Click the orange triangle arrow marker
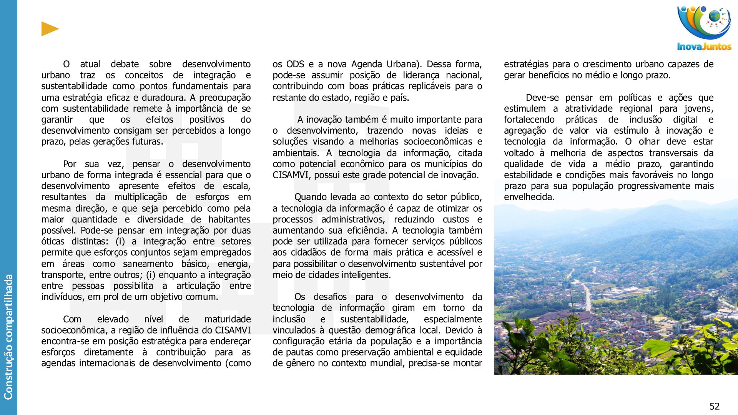50,29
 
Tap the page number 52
714,406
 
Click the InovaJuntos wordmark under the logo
704,47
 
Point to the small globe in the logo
715,17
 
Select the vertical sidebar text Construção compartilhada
8,337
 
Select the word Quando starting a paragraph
309,197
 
